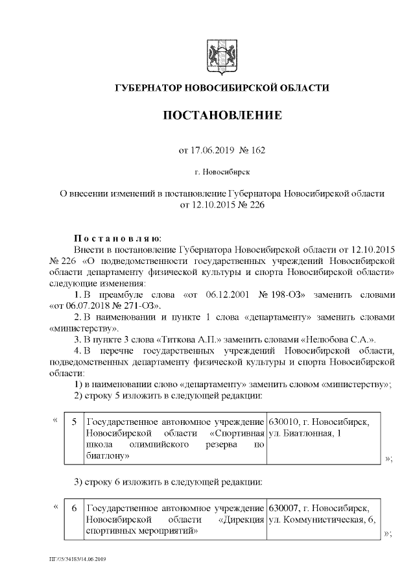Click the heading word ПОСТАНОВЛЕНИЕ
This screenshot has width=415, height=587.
222,116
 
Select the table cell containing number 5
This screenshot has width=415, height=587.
74,422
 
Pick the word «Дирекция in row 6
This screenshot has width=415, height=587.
242,519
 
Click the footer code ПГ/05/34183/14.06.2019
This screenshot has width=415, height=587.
82,558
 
